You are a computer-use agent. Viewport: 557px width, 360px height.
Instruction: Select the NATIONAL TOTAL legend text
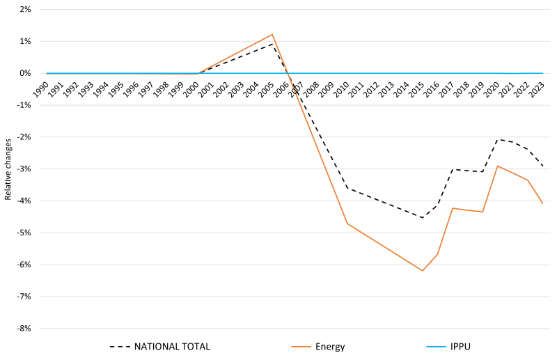pyautogui.click(x=172, y=346)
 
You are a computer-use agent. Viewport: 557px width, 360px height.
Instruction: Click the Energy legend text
pyautogui.click(x=331, y=346)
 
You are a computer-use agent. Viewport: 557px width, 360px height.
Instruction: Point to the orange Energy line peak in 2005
pyautogui.click(x=272, y=34)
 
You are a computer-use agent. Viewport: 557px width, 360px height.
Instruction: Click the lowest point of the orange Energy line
pyautogui.click(x=422, y=270)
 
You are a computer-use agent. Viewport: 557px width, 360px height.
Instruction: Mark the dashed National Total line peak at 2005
pyautogui.click(x=272, y=44)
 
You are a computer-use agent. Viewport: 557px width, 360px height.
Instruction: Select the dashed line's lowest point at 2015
pyautogui.click(x=422, y=217)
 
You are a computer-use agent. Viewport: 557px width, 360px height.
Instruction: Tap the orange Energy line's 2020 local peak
pyautogui.click(x=497, y=166)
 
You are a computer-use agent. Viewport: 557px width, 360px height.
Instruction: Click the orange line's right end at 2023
pyautogui.click(x=542, y=203)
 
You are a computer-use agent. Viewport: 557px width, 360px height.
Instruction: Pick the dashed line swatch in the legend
pyautogui.click(x=118, y=346)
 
